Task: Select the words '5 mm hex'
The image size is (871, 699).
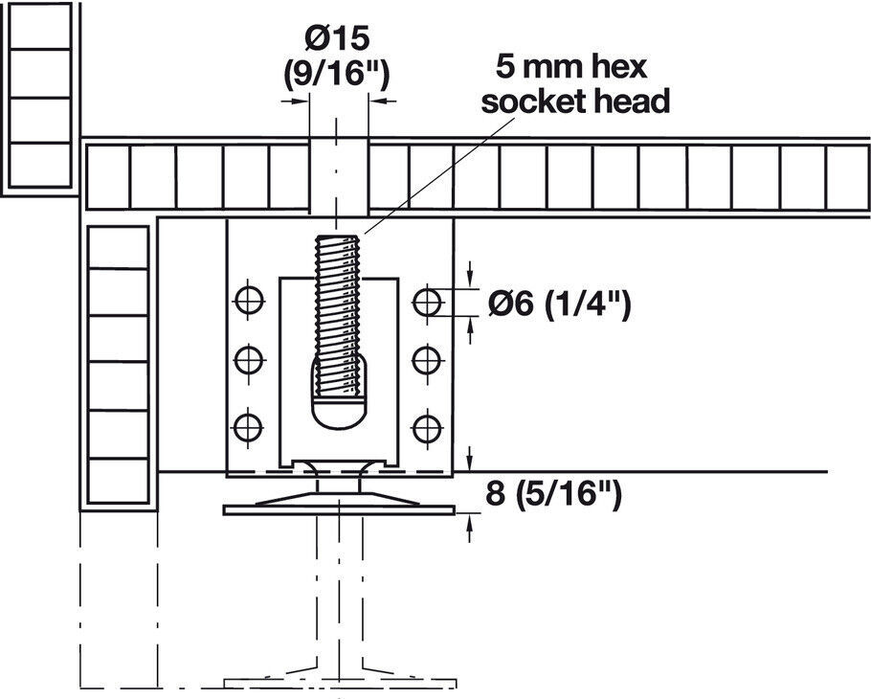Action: tap(572, 67)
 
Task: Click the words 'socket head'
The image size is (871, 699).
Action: tap(575, 102)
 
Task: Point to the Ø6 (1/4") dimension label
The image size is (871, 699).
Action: tap(559, 304)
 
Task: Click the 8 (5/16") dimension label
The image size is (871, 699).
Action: tap(553, 493)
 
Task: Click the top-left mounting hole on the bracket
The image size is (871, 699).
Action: tap(249, 301)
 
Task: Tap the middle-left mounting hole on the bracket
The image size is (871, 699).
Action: tap(249, 360)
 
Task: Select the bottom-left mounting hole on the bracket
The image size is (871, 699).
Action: tap(248, 428)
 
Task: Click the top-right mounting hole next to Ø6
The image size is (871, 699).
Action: tap(427, 302)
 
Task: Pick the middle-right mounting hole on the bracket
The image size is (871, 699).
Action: tap(427, 361)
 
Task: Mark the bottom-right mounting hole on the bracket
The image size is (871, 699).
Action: tap(427, 428)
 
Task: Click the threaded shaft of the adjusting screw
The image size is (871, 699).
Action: tap(337, 316)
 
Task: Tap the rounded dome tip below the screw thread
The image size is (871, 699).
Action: tap(338, 413)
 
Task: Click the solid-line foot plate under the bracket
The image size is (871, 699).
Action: tap(339, 510)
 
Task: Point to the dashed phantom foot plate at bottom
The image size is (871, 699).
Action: tap(340, 683)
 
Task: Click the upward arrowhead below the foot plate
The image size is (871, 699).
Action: tap(469, 522)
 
